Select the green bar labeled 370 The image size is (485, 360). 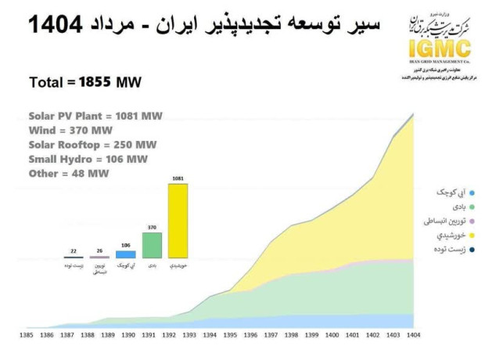[x=152, y=245]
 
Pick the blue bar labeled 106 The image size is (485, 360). [x=126, y=254]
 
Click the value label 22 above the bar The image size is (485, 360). [x=74, y=251]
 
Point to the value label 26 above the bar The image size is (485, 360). [x=99, y=251]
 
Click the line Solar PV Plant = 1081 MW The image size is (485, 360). [x=95, y=116]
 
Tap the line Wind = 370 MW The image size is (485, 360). [x=71, y=130]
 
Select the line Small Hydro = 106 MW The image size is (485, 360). [x=88, y=159]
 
